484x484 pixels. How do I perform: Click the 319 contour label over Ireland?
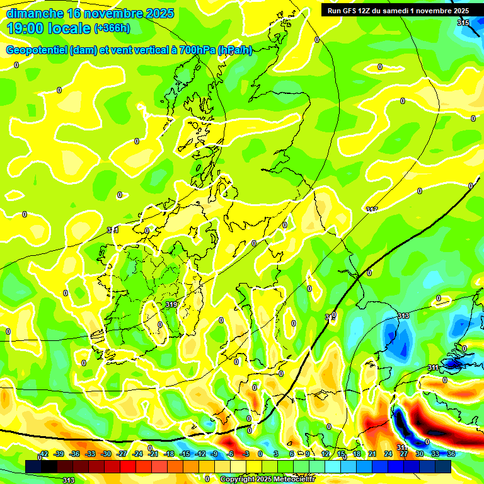click(171, 305)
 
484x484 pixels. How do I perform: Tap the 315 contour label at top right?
click(463, 23)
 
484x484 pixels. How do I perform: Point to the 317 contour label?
click(372, 210)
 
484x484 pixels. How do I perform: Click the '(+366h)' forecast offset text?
click(112, 28)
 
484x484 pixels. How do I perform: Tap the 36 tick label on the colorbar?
click(451, 454)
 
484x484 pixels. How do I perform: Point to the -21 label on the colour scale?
click(153, 454)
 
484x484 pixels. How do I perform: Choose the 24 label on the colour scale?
click(388, 454)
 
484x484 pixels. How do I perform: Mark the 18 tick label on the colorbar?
click(356, 454)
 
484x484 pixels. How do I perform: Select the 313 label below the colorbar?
click(68, 480)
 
